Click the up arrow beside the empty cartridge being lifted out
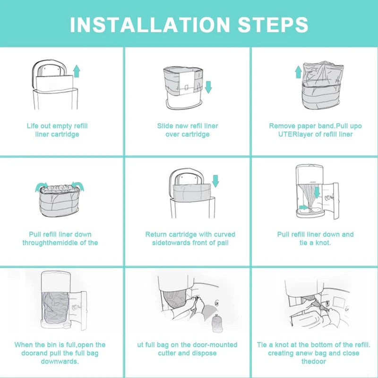pyautogui.click(x=77, y=71)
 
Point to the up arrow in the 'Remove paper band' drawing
pyautogui.click(x=298, y=72)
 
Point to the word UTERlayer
pyautogui.click(x=290, y=134)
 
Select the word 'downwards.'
pyautogui.click(x=60, y=361)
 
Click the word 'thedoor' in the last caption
pyautogui.click(x=314, y=361)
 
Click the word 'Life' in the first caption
pyautogui.click(x=34, y=126)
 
